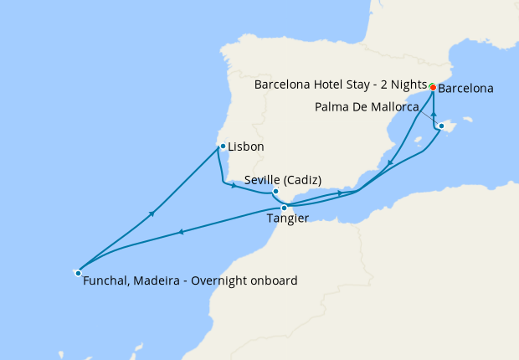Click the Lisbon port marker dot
(222, 147)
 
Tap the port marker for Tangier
(285, 208)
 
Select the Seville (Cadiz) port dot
(275, 192)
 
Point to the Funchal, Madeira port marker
(78, 272)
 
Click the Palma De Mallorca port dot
(441, 126)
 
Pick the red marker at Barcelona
(432, 87)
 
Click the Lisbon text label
(246, 147)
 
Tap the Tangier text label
(287, 219)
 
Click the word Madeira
(157, 281)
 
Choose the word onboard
(274, 281)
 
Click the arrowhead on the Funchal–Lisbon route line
(152, 213)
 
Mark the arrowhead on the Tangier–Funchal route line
(180, 232)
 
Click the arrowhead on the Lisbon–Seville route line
(234, 184)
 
